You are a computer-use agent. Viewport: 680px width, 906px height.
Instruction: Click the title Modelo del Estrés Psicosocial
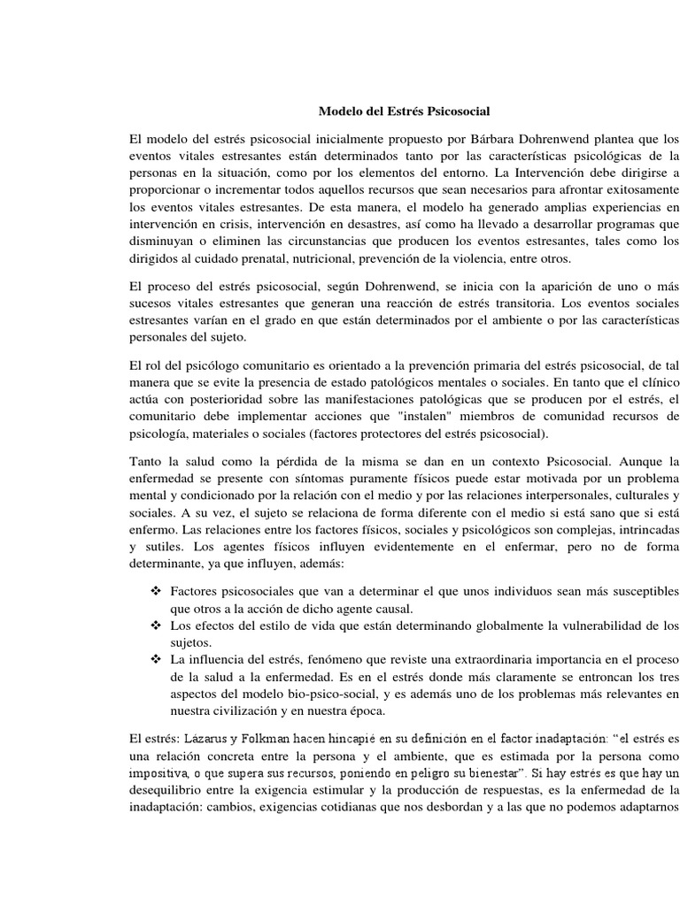point(404,112)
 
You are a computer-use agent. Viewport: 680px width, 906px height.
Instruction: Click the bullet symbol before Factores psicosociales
point(156,590)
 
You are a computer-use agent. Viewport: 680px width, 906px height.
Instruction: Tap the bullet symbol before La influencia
point(156,660)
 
